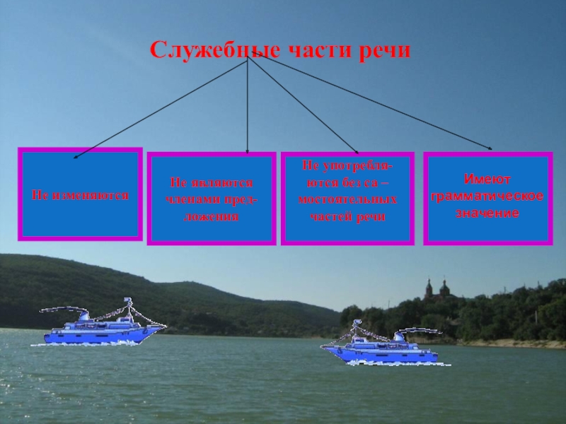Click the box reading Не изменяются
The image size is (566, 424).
click(80, 194)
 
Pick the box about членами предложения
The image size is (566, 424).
click(211, 199)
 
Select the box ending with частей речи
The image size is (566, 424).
click(347, 199)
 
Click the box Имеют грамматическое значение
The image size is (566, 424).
click(487, 199)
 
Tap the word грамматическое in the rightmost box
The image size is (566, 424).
click(487, 196)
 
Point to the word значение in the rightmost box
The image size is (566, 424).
click(487, 212)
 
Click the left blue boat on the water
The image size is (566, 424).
click(99, 329)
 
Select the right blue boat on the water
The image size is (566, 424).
click(379, 346)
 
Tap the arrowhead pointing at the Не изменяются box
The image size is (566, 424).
click(76, 155)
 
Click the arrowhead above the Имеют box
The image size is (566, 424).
click(490, 148)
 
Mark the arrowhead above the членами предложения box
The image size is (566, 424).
click(247, 150)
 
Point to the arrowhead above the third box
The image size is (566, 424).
click(357, 152)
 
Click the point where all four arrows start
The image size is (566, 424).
click(248, 59)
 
